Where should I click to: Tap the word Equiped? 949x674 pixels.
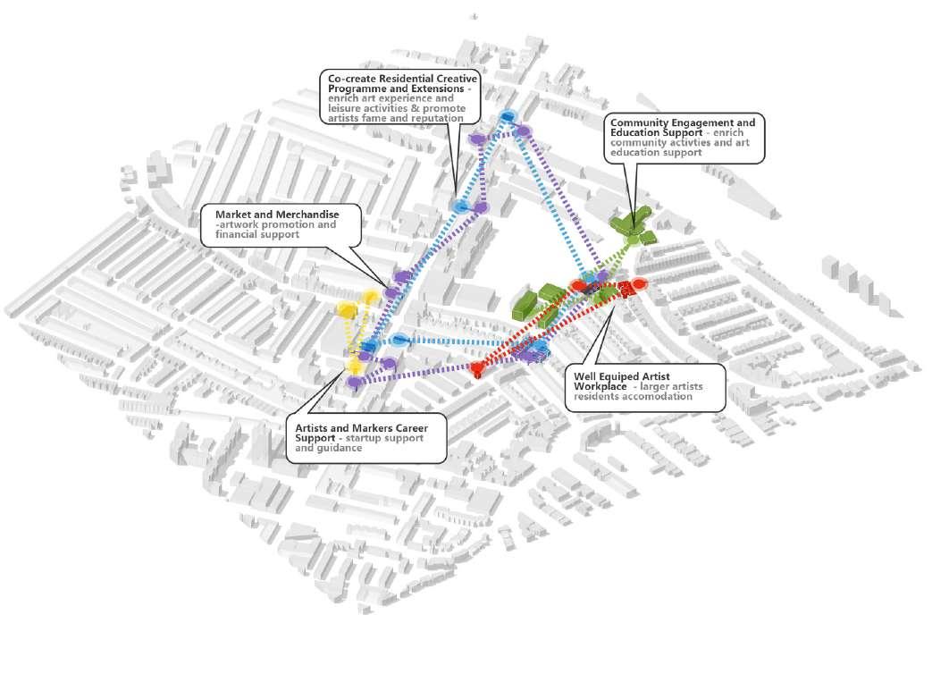pyautogui.click(x=625, y=376)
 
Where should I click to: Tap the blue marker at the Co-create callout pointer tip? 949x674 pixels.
pyautogui.click(x=459, y=206)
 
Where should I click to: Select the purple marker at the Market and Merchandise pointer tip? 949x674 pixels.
pyautogui.click(x=391, y=292)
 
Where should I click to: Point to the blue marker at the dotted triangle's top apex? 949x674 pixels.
pyautogui.click(x=508, y=116)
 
